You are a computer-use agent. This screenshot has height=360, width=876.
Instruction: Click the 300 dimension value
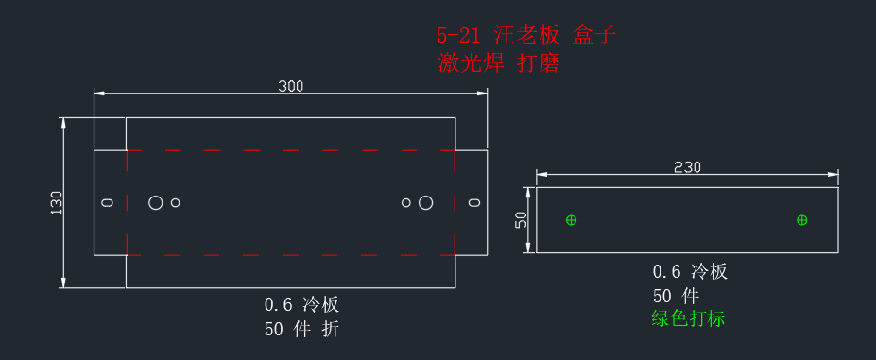[x=290, y=86]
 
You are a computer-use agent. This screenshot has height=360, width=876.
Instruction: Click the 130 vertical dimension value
[x=58, y=202]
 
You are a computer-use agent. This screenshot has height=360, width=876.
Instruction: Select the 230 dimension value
[x=687, y=167]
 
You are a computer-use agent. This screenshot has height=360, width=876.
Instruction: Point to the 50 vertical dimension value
[x=521, y=220]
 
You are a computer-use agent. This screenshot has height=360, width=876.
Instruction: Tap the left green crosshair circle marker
[x=571, y=220]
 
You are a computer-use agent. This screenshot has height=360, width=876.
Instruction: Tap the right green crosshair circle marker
[x=801, y=220]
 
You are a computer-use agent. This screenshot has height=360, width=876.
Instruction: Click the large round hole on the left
[x=155, y=202]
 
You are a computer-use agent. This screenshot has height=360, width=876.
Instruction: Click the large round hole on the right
[x=425, y=202]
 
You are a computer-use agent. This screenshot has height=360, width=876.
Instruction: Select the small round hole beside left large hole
[x=176, y=202]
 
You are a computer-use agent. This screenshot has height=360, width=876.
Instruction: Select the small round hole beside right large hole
[x=406, y=202]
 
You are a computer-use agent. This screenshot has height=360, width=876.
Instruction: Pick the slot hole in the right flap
[x=474, y=202]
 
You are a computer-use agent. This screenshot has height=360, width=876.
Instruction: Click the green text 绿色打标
[x=688, y=318]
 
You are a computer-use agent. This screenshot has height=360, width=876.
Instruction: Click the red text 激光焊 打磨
[x=498, y=63]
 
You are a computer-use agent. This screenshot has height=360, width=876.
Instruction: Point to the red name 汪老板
[x=527, y=36]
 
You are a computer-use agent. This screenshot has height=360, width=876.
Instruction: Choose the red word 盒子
[x=594, y=36]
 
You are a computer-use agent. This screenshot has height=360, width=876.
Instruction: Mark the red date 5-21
[x=457, y=36]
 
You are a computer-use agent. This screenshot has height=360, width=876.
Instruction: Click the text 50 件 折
[x=301, y=330]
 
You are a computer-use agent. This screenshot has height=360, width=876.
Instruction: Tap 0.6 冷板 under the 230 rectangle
[x=691, y=272]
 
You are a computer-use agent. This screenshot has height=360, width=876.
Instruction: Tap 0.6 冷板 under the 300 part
[x=301, y=304]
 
